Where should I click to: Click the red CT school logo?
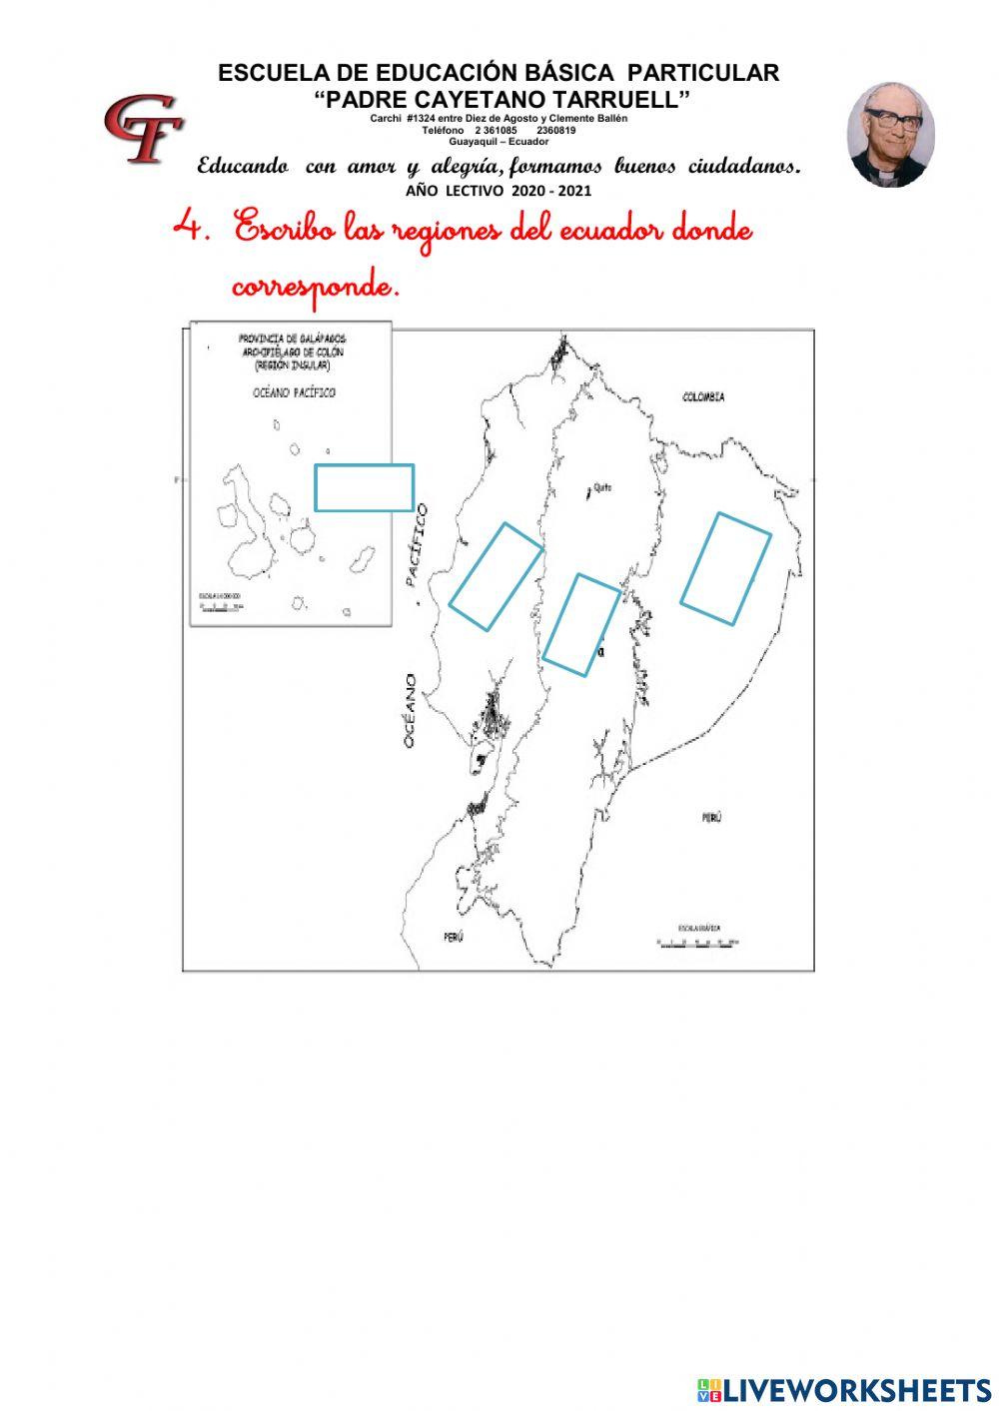point(143,127)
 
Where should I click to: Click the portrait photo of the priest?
point(890,135)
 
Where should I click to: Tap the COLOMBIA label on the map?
point(703,397)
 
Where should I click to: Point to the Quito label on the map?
point(601,487)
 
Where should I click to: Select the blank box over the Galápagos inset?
point(364,487)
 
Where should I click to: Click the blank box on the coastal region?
point(496,576)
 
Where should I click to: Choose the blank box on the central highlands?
point(580,624)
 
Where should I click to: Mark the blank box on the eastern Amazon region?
point(725,569)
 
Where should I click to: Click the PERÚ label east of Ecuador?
point(710,818)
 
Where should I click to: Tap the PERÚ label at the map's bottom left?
point(454,937)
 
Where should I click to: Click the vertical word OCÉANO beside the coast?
point(411,711)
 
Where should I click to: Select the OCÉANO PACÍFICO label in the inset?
point(294,392)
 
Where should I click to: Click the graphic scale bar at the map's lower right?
point(697,940)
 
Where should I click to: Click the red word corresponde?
point(316,288)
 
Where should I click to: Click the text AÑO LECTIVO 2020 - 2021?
point(499,191)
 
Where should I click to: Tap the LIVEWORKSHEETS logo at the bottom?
point(844,1389)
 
